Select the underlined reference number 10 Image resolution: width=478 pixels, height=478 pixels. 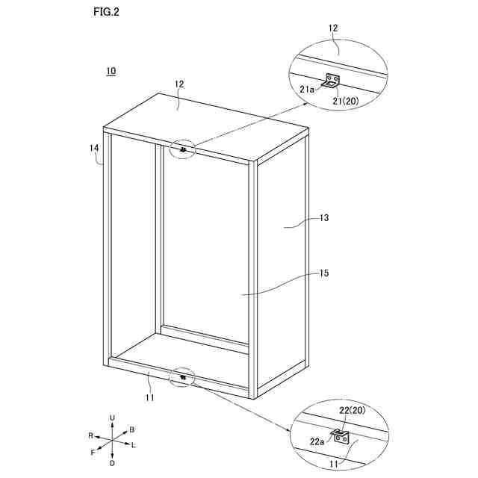point(111,72)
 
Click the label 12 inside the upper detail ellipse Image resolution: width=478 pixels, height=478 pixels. point(333,28)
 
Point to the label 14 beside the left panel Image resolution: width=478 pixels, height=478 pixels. point(94,148)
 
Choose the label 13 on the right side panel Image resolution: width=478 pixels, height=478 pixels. point(324,218)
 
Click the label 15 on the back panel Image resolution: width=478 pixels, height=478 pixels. point(324,274)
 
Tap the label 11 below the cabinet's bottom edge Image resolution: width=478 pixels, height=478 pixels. point(149,398)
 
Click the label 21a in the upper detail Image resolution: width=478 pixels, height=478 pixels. point(307,89)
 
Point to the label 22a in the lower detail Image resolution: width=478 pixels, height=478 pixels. point(317,441)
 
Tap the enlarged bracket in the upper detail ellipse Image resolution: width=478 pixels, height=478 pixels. point(332,81)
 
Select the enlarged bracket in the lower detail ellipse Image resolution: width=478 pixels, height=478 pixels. point(341,437)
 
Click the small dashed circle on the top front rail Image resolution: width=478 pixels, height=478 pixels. point(183,149)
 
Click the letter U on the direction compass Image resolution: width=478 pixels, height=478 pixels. point(112,417)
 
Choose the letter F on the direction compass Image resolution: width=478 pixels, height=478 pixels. point(93,453)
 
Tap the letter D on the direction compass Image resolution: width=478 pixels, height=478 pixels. point(112,463)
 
